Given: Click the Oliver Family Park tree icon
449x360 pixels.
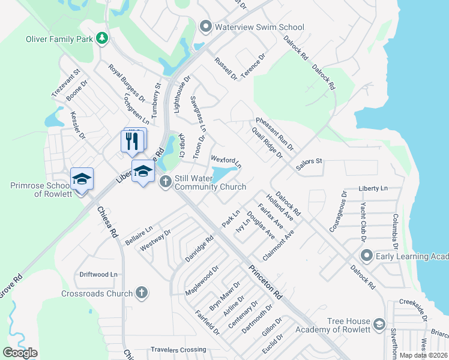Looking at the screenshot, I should (103, 39).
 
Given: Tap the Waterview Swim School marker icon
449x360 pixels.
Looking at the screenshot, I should (206, 27).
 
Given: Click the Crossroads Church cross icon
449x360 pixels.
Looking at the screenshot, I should (141, 293).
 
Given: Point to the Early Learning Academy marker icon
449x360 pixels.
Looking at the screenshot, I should (366, 256).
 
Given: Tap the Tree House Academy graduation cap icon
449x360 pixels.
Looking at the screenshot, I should (379, 325).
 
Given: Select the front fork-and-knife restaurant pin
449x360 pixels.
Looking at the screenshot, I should (133, 142).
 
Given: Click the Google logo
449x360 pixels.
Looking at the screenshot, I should (20, 352).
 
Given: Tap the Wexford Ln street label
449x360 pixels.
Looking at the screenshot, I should (226, 161).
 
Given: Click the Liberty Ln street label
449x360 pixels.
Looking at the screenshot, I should (373, 188).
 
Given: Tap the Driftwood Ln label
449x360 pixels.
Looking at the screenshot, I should (98, 274).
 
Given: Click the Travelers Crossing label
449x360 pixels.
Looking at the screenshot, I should (178, 349).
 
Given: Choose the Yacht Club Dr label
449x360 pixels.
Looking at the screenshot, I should (363, 220).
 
